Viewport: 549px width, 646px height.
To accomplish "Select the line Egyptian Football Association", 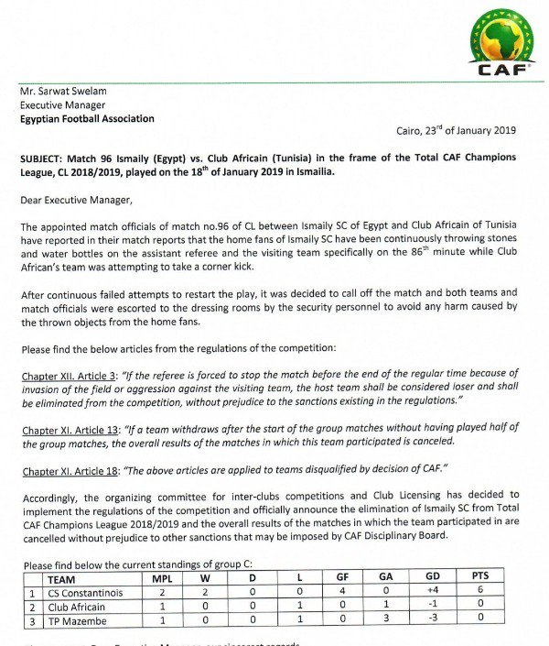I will tap(87, 119).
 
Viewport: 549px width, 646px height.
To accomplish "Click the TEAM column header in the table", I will tap(61, 579).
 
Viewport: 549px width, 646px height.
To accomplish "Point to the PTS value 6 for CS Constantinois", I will tap(479, 593).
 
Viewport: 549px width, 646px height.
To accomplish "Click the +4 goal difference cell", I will tap(433, 593).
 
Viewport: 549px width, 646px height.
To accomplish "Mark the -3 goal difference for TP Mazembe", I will tap(433, 621).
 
